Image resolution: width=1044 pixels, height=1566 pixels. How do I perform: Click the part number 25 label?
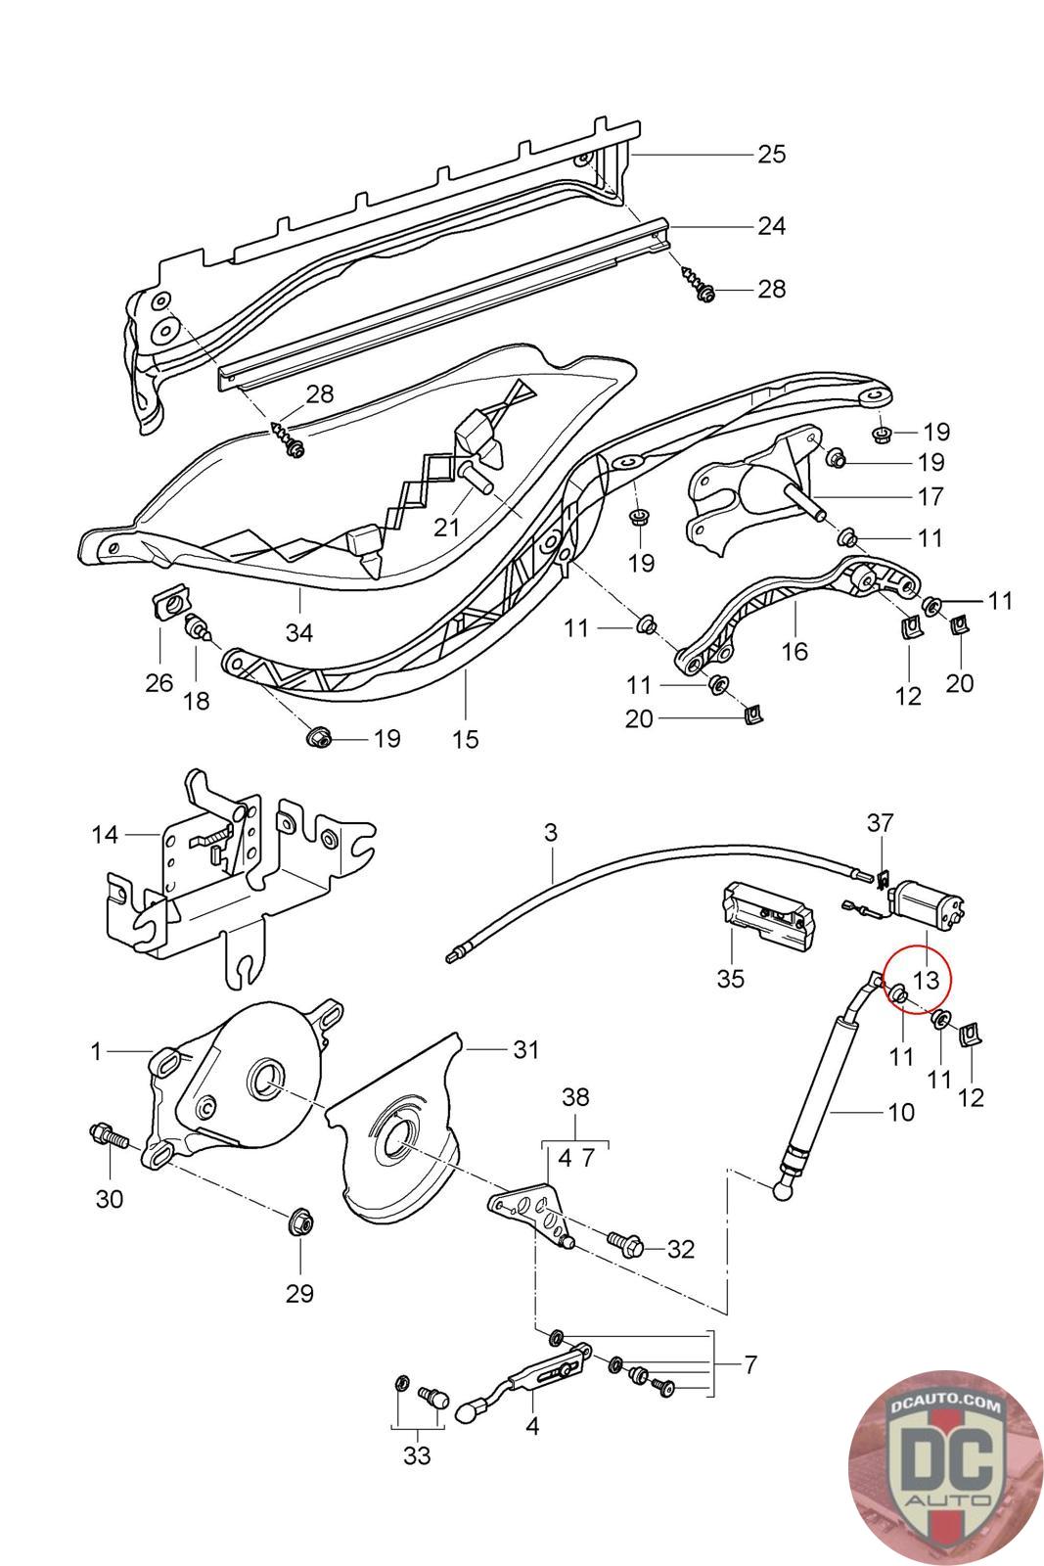click(771, 155)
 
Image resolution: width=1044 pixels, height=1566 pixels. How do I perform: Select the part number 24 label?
click(771, 226)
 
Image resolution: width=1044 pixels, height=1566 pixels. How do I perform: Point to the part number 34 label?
click(299, 632)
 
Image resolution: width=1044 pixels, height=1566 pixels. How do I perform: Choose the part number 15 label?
click(466, 739)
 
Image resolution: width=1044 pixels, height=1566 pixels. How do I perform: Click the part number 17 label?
click(931, 496)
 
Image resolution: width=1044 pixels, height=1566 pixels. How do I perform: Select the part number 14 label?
click(105, 834)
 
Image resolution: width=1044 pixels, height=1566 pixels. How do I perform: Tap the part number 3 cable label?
click(551, 833)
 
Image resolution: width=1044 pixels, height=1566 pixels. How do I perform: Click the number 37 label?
click(881, 823)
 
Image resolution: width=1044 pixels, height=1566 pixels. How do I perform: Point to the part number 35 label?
click(731, 978)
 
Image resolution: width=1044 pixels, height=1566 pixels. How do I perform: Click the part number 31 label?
click(526, 1050)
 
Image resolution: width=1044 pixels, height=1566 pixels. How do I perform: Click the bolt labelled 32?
click(625, 1245)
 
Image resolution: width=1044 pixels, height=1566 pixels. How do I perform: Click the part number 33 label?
click(417, 1455)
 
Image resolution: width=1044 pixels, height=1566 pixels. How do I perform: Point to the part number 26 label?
click(159, 682)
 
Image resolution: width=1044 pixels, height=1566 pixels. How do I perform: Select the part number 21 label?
click(446, 527)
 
